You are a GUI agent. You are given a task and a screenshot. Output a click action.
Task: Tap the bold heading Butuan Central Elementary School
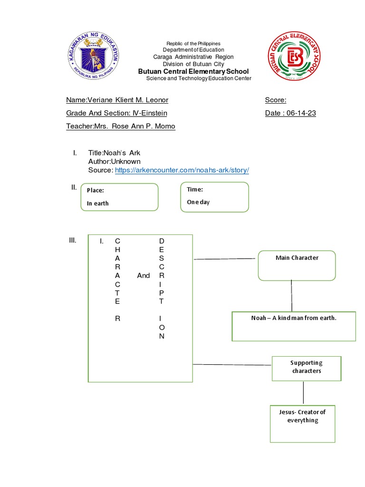pyautogui.click(x=193, y=71)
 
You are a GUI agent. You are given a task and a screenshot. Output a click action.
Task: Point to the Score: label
pyautogui.click(x=276, y=100)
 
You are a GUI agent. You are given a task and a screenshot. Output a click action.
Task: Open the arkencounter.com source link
pyautogui.click(x=182, y=170)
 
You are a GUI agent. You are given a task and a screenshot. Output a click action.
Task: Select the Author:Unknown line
pyautogui.click(x=114, y=162)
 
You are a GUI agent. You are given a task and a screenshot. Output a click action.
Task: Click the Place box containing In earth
pyautogui.click(x=119, y=197)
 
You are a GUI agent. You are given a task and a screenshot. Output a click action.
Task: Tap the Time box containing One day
pyautogui.click(x=214, y=196)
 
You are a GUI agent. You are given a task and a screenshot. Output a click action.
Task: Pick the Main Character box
pyautogui.click(x=297, y=265)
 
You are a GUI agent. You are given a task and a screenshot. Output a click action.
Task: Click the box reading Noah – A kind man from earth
pyautogui.click(x=294, y=326)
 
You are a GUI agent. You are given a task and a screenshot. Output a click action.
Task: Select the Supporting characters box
pyautogui.click(x=307, y=368)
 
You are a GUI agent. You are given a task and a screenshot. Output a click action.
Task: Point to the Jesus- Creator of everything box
pyautogui.click(x=302, y=424)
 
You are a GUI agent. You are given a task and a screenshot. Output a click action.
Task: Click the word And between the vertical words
pyautogui.click(x=143, y=275)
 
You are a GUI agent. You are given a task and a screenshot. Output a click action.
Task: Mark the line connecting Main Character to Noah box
pyautogui.click(x=292, y=296)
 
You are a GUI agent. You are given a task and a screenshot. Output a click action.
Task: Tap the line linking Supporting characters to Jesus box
pyautogui.click(x=303, y=393)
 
